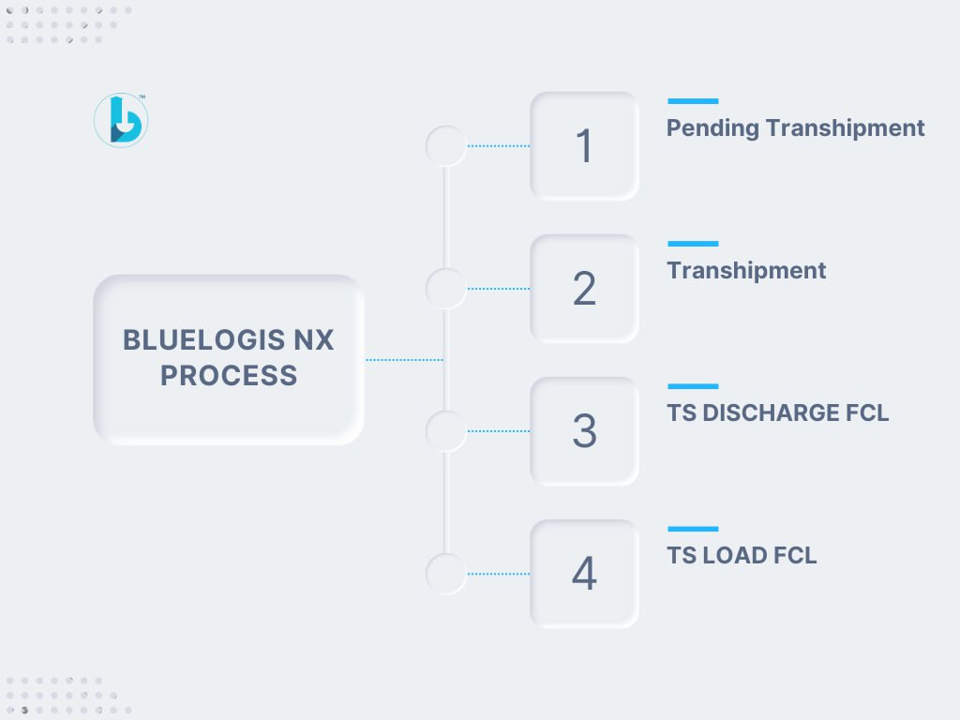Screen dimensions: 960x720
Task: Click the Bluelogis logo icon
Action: (x=121, y=120)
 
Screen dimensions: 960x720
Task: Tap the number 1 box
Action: (x=585, y=145)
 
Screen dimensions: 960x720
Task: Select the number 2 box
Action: (x=585, y=289)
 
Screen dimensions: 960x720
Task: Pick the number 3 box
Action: (x=585, y=431)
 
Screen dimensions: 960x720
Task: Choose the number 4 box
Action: (x=585, y=574)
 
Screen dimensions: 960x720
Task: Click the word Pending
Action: (x=712, y=128)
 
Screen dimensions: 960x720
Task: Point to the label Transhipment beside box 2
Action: (x=746, y=271)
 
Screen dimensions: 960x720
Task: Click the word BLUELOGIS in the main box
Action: (x=203, y=339)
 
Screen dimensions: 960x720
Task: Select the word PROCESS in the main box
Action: (x=229, y=375)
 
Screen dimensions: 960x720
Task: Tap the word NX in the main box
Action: (x=313, y=339)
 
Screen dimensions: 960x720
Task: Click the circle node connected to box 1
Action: (x=446, y=145)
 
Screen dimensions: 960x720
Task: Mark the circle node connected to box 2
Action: (x=446, y=289)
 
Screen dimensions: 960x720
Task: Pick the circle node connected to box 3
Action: (x=446, y=431)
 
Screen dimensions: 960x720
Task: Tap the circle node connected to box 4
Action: (x=446, y=574)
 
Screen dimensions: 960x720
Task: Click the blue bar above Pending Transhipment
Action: (x=693, y=101)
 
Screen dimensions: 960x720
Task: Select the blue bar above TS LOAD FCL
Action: (x=693, y=529)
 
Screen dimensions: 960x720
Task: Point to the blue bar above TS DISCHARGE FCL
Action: (x=693, y=386)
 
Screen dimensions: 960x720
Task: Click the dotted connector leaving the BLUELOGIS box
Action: (x=404, y=360)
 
